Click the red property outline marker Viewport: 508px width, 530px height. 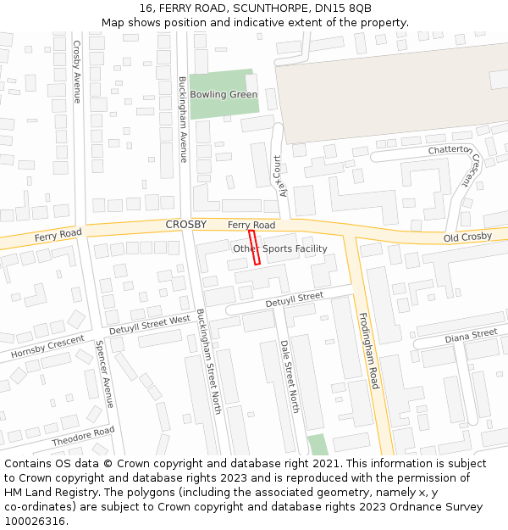click(x=253, y=248)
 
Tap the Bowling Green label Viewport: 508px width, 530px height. click(x=224, y=94)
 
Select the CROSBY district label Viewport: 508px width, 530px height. click(x=185, y=224)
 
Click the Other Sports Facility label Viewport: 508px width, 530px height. click(x=279, y=248)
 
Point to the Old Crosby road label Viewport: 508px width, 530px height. click(x=467, y=237)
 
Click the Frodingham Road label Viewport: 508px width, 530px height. click(x=369, y=350)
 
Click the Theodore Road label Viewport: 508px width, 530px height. click(x=83, y=437)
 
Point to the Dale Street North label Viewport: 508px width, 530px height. click(x=290, y=377)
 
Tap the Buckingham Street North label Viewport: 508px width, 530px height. click(x=208, y=361)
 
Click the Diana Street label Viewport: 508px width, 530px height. click(x=471, y=336)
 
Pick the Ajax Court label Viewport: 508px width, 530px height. click(x=279, y=175)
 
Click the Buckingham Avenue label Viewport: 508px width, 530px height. click(x=182, y=119)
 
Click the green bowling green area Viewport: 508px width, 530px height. click(x=222, y=114)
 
